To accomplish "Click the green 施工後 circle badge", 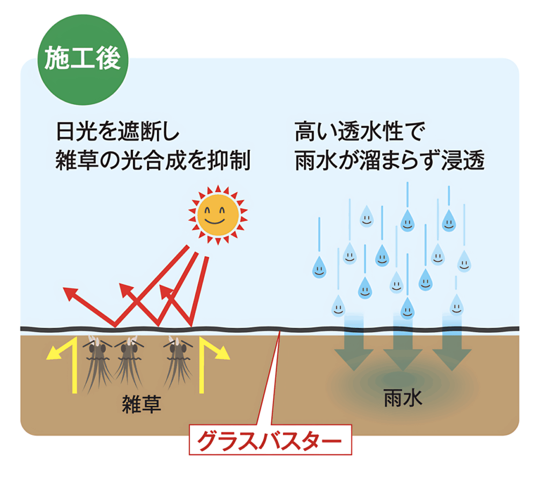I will click(x=82, y=60).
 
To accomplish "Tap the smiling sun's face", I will click(x=218, y=215).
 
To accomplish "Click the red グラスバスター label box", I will click(x=270, y=441).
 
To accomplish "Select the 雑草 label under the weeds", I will click(x=142, y=404).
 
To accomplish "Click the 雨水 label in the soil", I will click(x=403, y=398).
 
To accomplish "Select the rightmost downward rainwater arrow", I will click(x=451, y=346).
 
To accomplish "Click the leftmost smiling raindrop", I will click(x=319, y=267).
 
